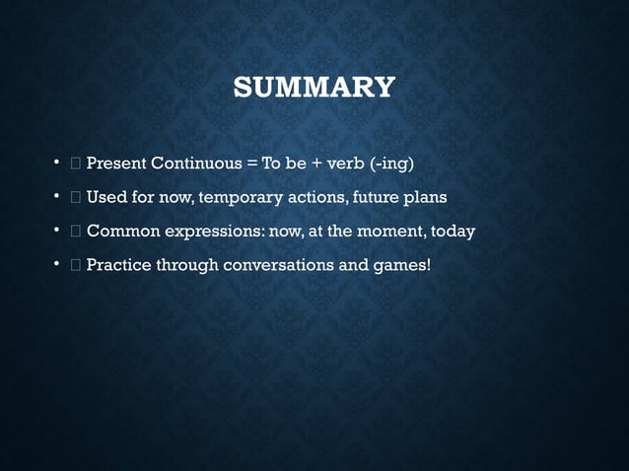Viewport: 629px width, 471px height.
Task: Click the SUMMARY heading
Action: [x=314, y=88]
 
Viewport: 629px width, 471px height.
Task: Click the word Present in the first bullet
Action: [x=116, y=163]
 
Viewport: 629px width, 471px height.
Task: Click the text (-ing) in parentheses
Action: [x=391, y=163]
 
